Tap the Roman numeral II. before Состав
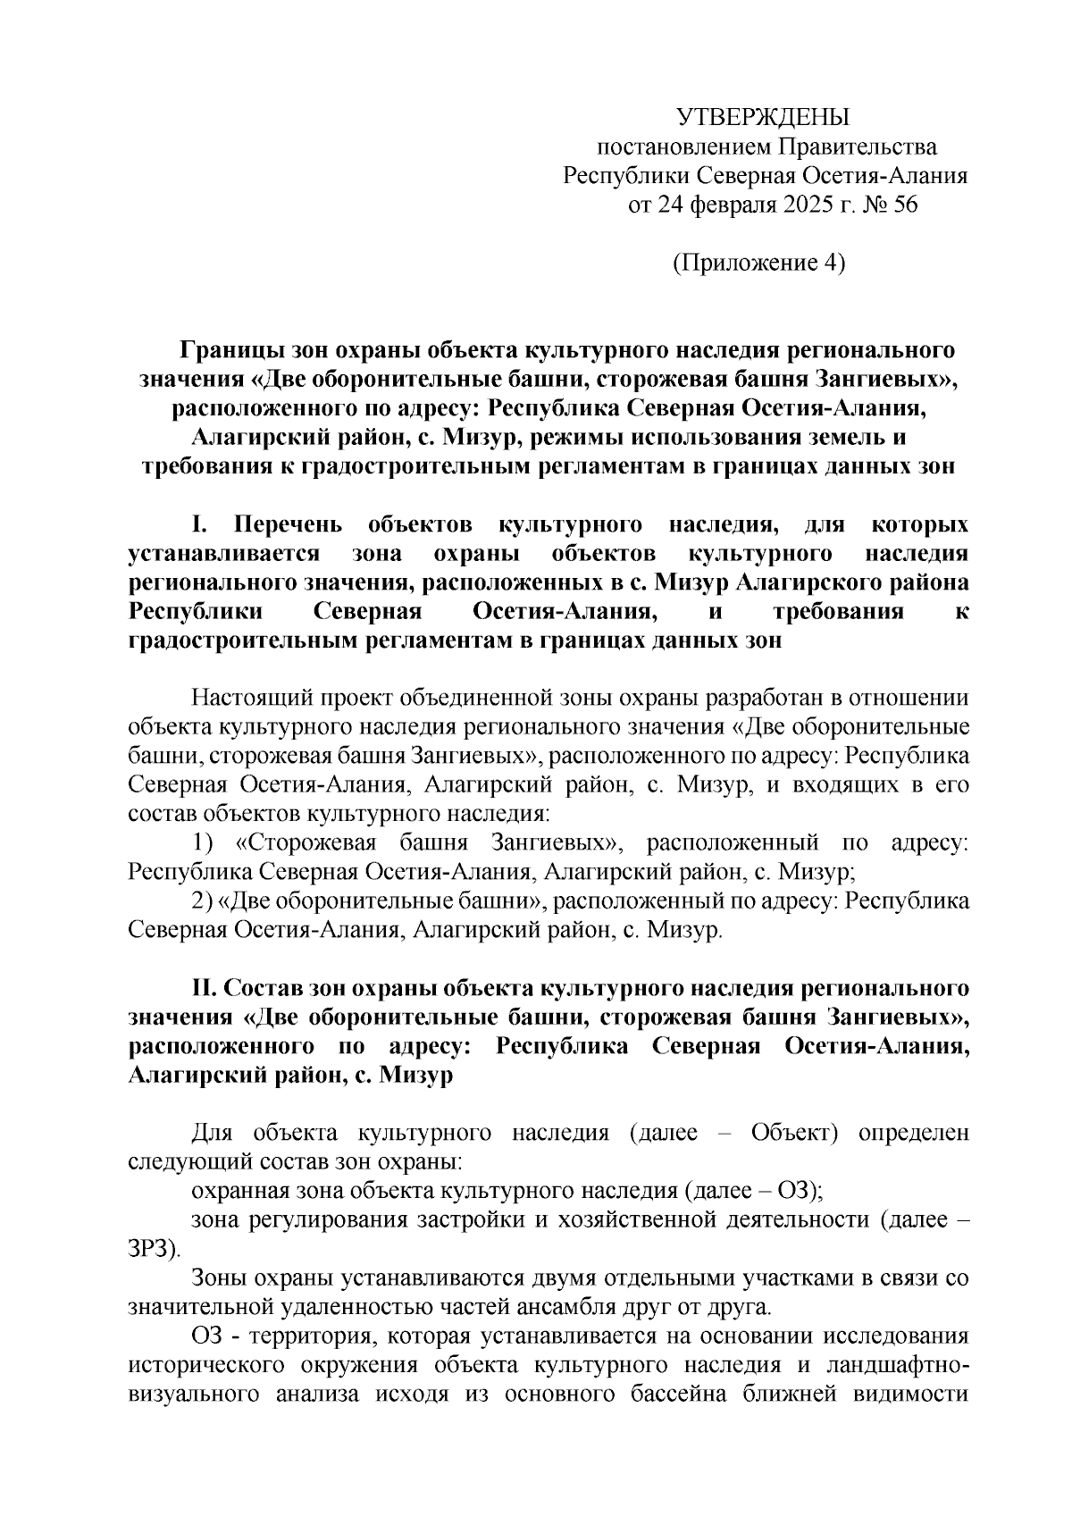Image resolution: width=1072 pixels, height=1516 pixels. pyautogui.click(x=204, y=989)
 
